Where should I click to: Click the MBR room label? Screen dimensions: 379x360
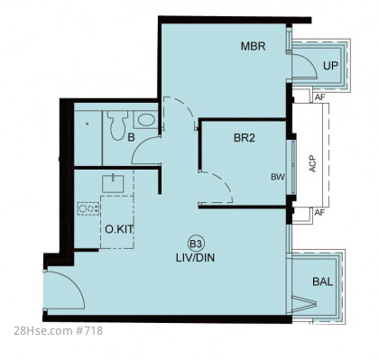pyautogui.click(x=253, y=46)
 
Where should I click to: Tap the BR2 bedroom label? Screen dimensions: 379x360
pyautogui.click(x=245, y=138)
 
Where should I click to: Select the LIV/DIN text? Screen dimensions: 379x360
pyautogui.click(x=195, y=258)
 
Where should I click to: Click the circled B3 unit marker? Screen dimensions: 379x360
pyautogui.click(x=196, y=244)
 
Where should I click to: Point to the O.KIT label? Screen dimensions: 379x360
pyautogui.click(x=119, y=229)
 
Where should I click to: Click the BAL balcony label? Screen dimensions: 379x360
pyautogui.click(x=323, y=282)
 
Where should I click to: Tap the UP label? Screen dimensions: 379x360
pyautogui.click(x=330, y=66)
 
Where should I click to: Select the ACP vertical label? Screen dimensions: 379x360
pyautogui.click(x=313, y=163)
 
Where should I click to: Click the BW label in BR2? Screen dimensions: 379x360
pyautogui.click(x=278, y=177)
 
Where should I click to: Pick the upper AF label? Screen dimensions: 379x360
pyautogui.click(x=319, y=97)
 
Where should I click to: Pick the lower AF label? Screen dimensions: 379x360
pyautogui.click(x=319, y=213)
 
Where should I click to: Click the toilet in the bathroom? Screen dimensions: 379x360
pyautogui.click(x=117, y=125)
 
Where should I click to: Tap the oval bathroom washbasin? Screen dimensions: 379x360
pyautogui.click(x=146, y=120)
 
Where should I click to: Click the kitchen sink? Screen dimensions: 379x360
pyautogui.click(x=113, y=183)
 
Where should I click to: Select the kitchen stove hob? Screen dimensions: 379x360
pyautogui.click(x=88, y=208)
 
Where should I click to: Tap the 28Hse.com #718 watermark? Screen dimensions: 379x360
pyautogui.click(x=58, y=331)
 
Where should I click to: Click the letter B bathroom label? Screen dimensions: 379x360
pyautogui.click(x=131, y=138)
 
